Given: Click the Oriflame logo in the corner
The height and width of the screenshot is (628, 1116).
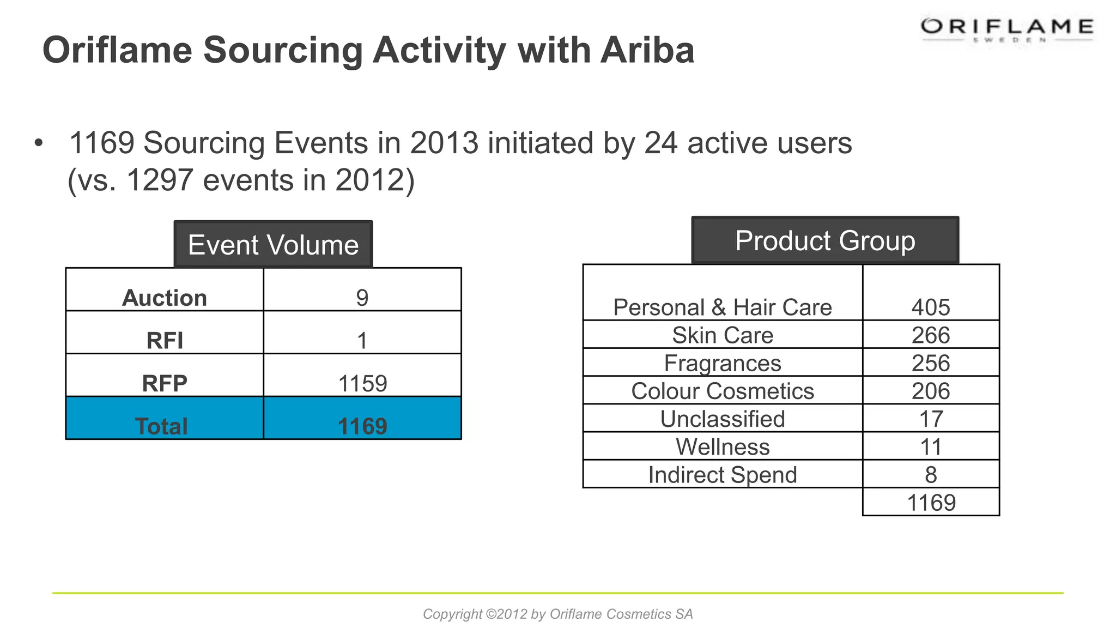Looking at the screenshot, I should click(1007, 28).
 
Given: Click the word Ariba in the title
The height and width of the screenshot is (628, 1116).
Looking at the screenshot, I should click(647, 50).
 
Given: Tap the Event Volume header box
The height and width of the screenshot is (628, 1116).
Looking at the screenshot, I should click(273, 245).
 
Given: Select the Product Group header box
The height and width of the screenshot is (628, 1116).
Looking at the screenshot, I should click(825, 241).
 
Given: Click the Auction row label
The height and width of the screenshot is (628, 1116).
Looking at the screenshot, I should click(165, 298).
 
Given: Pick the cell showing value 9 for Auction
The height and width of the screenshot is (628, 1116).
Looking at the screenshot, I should click(362, 298).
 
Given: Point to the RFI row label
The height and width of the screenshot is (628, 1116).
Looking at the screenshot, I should click(165, 341).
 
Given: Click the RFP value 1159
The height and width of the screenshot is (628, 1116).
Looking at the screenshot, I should click(362, 383).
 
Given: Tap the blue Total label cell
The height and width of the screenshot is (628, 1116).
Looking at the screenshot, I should click(162, 426).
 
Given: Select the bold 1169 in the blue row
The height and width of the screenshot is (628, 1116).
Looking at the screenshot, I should click(362, 426).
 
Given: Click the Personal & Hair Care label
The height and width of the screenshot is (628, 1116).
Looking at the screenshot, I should click(723, 307).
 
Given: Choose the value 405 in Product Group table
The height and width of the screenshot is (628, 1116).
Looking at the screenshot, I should click(931, 307).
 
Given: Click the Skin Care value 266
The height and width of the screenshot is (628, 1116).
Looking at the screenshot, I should click(931, 335).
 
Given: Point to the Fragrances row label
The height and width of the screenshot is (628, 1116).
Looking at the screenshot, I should click(723, 363).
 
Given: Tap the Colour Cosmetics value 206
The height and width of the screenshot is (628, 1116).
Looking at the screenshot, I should click(931, 391).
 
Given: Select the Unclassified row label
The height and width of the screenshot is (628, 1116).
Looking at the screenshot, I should click(723, 419).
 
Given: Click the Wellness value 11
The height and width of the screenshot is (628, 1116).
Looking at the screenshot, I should click(931, 447).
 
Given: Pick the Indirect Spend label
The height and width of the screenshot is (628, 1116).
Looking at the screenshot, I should click(723, 475).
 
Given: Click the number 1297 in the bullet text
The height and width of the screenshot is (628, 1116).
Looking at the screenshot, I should click(160, 180).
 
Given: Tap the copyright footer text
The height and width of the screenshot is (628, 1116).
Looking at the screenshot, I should click(558, 614).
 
